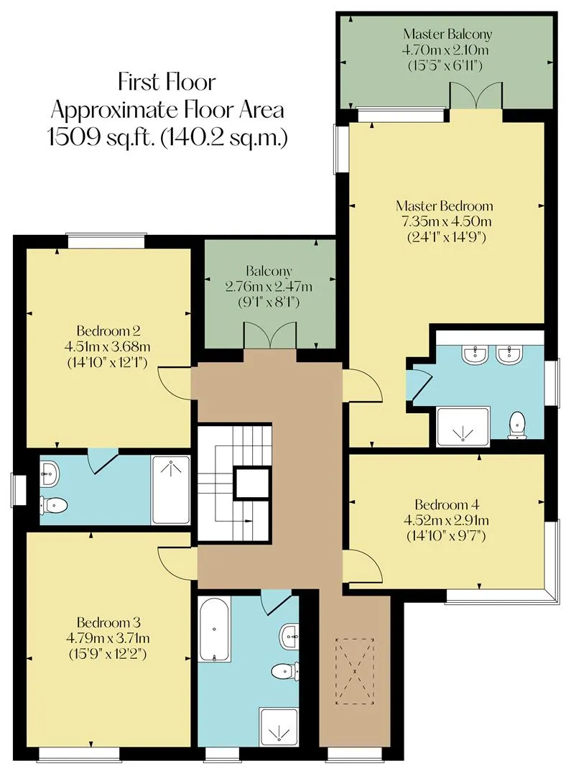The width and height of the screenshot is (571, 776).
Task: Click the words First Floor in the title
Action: [x=167, y=82]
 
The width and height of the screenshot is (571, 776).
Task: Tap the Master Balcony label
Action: [x=447, y=34]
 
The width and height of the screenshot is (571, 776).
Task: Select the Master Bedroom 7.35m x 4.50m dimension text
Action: [x=445, y=221]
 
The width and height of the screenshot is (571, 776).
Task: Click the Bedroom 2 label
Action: [x=108, y=331]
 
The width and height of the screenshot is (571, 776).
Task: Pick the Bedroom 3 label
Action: [x=108, y=622]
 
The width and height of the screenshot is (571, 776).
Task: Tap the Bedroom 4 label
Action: [x=446, y=505]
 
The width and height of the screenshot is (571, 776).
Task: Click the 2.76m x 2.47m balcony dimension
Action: [x=269, y=286]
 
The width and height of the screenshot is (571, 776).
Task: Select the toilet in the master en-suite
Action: [x=517, y=425]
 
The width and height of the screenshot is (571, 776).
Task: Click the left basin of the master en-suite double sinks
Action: [x=475, y=354]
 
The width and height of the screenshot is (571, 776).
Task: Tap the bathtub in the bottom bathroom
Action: [x=214, y=629]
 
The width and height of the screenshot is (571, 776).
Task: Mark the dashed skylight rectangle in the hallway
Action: [x=355, y=671]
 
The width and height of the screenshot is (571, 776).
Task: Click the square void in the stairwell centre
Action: [x=252, y=483]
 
